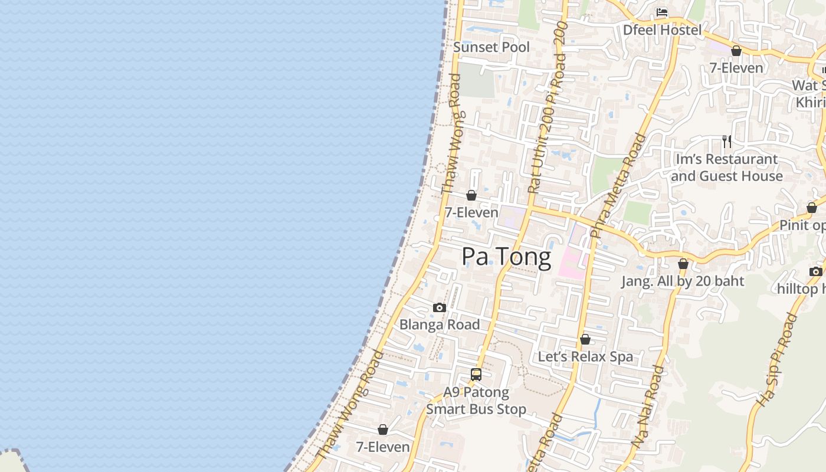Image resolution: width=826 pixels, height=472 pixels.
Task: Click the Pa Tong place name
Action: coord(506,257)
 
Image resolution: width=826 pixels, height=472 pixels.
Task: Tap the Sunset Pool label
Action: coord(491,47)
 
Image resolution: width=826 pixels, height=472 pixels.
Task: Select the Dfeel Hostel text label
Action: coord(663,30)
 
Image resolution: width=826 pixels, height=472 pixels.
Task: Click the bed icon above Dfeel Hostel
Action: coord(662,12)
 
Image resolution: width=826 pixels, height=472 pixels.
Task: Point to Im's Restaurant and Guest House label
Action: coord(727,168)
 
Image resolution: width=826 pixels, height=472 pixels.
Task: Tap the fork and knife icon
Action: coord(727,142)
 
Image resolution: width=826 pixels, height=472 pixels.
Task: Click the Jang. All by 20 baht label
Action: coord(683,281)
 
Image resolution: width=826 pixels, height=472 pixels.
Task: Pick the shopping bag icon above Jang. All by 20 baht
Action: coord(683,264)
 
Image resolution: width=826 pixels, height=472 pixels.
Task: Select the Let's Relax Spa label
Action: coord(585,357)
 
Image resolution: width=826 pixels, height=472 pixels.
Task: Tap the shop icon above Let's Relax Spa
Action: coord(585,339)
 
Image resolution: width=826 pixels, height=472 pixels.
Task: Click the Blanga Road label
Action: coord(440,324)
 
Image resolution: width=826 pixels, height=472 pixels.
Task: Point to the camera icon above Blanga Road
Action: coord(439,307)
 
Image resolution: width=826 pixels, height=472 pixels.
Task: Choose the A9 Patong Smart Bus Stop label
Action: coord(476,401)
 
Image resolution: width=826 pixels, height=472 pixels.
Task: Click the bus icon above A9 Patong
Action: coord(476,374)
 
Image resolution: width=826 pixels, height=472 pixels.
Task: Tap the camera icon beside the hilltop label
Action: coord(815,271)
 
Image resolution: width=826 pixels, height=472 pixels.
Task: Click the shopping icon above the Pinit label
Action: coord(812,208)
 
